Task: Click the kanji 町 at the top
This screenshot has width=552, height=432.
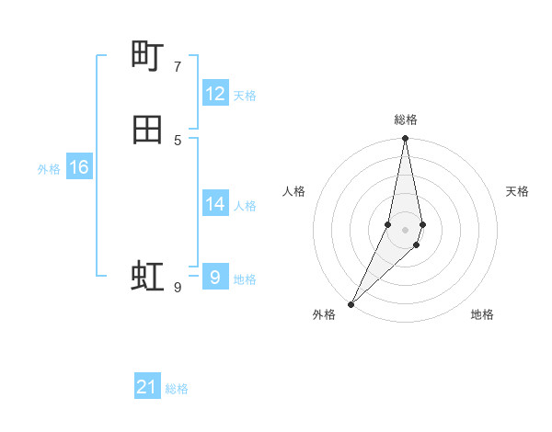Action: [147, 57]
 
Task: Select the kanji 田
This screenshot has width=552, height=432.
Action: [147, 131]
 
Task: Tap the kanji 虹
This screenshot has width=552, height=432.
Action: [147, 276]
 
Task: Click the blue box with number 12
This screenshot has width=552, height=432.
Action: [215, 94]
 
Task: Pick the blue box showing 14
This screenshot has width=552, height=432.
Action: [215, 204]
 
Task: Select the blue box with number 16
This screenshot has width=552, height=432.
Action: [79, 167]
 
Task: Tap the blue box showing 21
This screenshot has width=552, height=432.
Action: [147, 387]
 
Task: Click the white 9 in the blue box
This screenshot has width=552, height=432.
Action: [215, 277]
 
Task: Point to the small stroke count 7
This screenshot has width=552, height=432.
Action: [178, 67]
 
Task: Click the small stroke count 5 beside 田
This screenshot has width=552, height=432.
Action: [178, 141]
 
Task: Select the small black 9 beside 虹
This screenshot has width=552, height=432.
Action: [178, 288]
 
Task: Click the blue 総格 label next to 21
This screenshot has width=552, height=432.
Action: [177, 389]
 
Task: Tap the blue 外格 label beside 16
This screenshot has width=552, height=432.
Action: [49, 169]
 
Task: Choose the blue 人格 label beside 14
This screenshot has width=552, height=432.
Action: [245, 206]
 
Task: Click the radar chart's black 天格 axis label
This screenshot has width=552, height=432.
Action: [517, 191]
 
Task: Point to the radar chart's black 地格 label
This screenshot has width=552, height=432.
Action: [482, 314]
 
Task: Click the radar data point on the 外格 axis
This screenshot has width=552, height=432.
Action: [351, 303]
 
